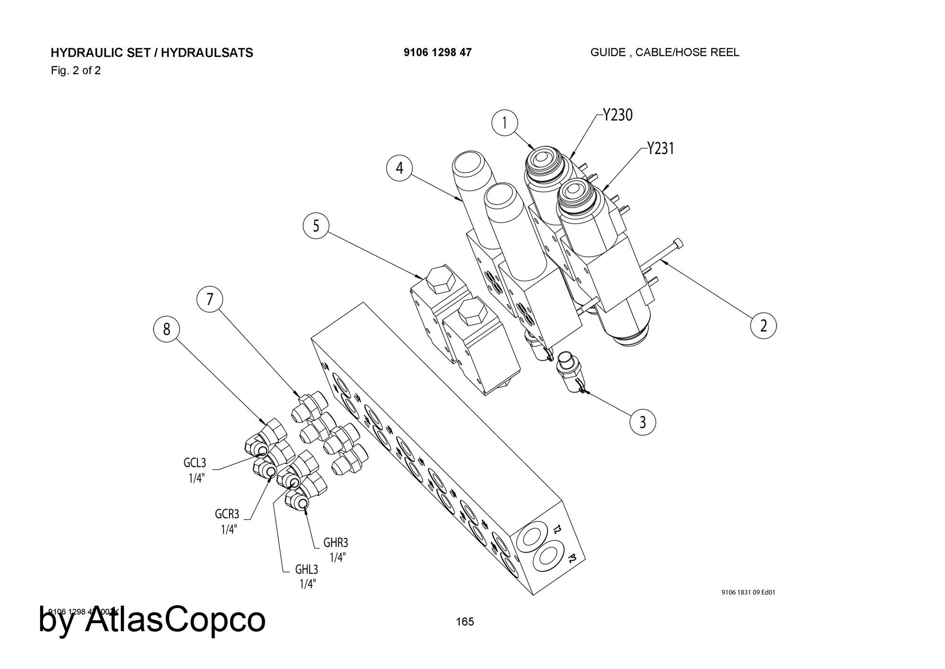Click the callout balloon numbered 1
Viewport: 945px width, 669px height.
505,123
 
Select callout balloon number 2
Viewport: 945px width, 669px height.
764,326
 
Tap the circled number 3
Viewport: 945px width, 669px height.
643,421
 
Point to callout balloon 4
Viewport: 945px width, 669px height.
400,168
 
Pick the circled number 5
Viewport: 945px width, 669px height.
316,226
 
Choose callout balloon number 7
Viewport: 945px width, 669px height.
210,299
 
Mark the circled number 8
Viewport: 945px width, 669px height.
166,329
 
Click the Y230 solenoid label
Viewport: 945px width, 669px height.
618,115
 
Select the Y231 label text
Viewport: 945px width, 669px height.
661,148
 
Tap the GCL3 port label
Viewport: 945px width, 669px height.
195,462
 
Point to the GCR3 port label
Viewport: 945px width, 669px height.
227,513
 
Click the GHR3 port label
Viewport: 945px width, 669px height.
335,542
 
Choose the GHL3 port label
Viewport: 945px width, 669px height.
307,569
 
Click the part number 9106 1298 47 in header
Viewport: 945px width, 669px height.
437,52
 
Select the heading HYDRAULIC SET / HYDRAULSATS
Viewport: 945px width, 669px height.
152,52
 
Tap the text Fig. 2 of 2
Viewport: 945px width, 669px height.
76,71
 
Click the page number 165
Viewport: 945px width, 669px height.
464,622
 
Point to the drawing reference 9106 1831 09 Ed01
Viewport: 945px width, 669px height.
748,592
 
